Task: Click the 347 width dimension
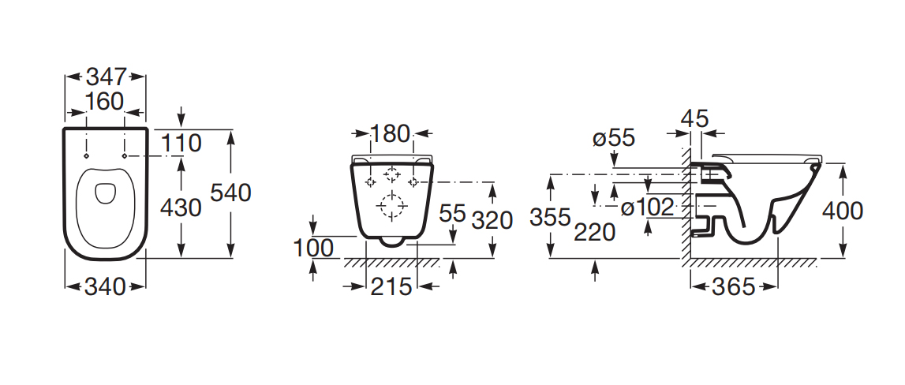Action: pyautogui.click(x=106, y=77)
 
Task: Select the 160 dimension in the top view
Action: pyautogui.click(x=104, y=102)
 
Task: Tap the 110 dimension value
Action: pyautogui.click(x=181, y=143)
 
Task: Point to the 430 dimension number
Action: pyautogui.click(x=181, y=207)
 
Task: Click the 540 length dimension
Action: pyautogui.click(x=230, y=192)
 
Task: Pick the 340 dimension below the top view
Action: pyautogui.click(x=105, y=286)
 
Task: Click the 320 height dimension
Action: pyautogui.click(x=492, y=220)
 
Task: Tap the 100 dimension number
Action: pyautogui.click(x=313, y=249)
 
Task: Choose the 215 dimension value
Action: pyautogui.click(x=391, y=286)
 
